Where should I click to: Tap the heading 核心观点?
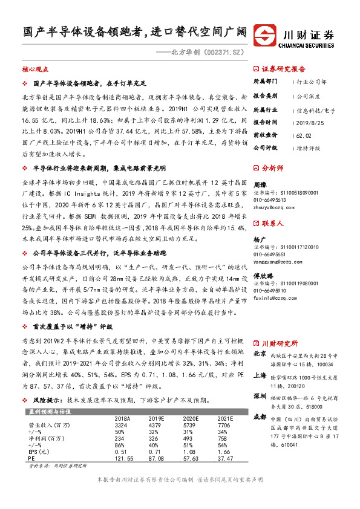coord(35,70)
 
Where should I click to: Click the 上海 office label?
coord(260,374)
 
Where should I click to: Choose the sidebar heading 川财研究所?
coord(280,343)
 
